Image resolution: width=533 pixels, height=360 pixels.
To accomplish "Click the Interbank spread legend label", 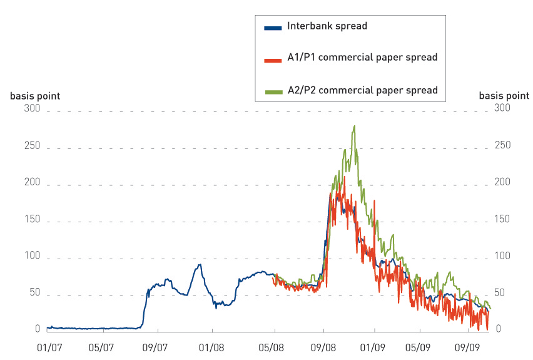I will pos(327,26).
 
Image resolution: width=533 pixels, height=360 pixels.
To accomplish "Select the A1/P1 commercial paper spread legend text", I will pos(362,57).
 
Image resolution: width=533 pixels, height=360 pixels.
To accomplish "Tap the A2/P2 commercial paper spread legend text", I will pos(362,90).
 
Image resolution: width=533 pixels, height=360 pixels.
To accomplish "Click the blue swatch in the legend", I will pos(273,28).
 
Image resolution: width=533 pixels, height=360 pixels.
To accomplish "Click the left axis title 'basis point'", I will pos(35,96).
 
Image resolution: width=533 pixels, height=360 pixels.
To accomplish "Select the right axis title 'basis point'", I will pos(504,96).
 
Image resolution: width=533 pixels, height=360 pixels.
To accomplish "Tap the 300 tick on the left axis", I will pos(32,109).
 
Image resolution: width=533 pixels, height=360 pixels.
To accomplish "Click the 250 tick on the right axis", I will pos(502,145).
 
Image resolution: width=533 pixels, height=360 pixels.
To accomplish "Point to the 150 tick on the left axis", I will pos(32,219).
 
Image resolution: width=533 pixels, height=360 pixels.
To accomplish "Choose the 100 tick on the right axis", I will pos(502,256).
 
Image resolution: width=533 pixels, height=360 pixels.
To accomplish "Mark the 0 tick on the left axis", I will pos(37,329).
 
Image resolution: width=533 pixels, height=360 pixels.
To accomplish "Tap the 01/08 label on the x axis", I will pos(211,346).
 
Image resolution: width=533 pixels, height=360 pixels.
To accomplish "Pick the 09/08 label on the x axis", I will pos(323,346).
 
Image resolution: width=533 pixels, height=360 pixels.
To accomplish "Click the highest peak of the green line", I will pos(355,126).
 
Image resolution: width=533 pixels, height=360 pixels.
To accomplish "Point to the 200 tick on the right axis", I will pos(502,182).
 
